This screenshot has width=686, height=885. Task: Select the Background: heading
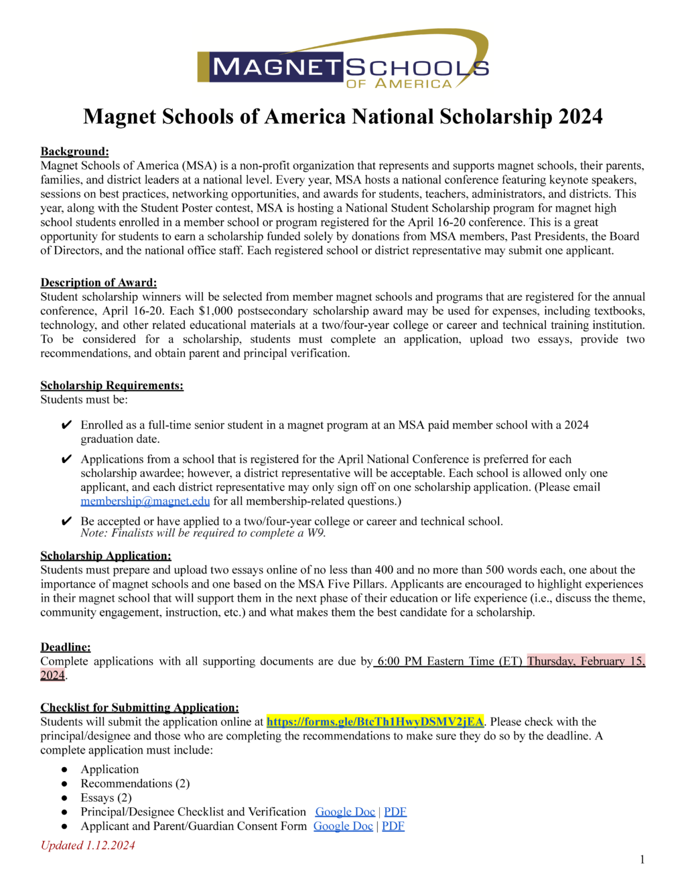(74, 151)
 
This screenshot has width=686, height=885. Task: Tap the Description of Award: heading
(98, 283)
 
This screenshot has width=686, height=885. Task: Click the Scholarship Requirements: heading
(112, 385)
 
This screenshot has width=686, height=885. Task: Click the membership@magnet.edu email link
(145, 501)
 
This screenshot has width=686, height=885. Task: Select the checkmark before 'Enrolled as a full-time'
(66, 425)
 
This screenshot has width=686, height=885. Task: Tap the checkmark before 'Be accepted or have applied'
(66, 522)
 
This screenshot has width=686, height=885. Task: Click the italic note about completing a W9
(203, 533)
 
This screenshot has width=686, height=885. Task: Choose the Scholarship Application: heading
(106, 555)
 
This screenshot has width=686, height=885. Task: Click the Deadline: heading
(66, 646)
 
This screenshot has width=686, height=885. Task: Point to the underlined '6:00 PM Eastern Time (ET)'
(449, 661)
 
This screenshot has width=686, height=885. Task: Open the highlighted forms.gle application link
(374, 722)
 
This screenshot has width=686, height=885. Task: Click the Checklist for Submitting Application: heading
(139, 707)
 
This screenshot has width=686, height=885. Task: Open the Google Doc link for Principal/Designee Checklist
(345, 812)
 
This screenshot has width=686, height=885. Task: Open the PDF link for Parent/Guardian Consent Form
(393, 826)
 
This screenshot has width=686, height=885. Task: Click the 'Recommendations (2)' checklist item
(135, 784)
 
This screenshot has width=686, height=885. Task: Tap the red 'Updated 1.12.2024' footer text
(88, 845)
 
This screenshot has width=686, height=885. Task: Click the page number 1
(642, 860)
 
